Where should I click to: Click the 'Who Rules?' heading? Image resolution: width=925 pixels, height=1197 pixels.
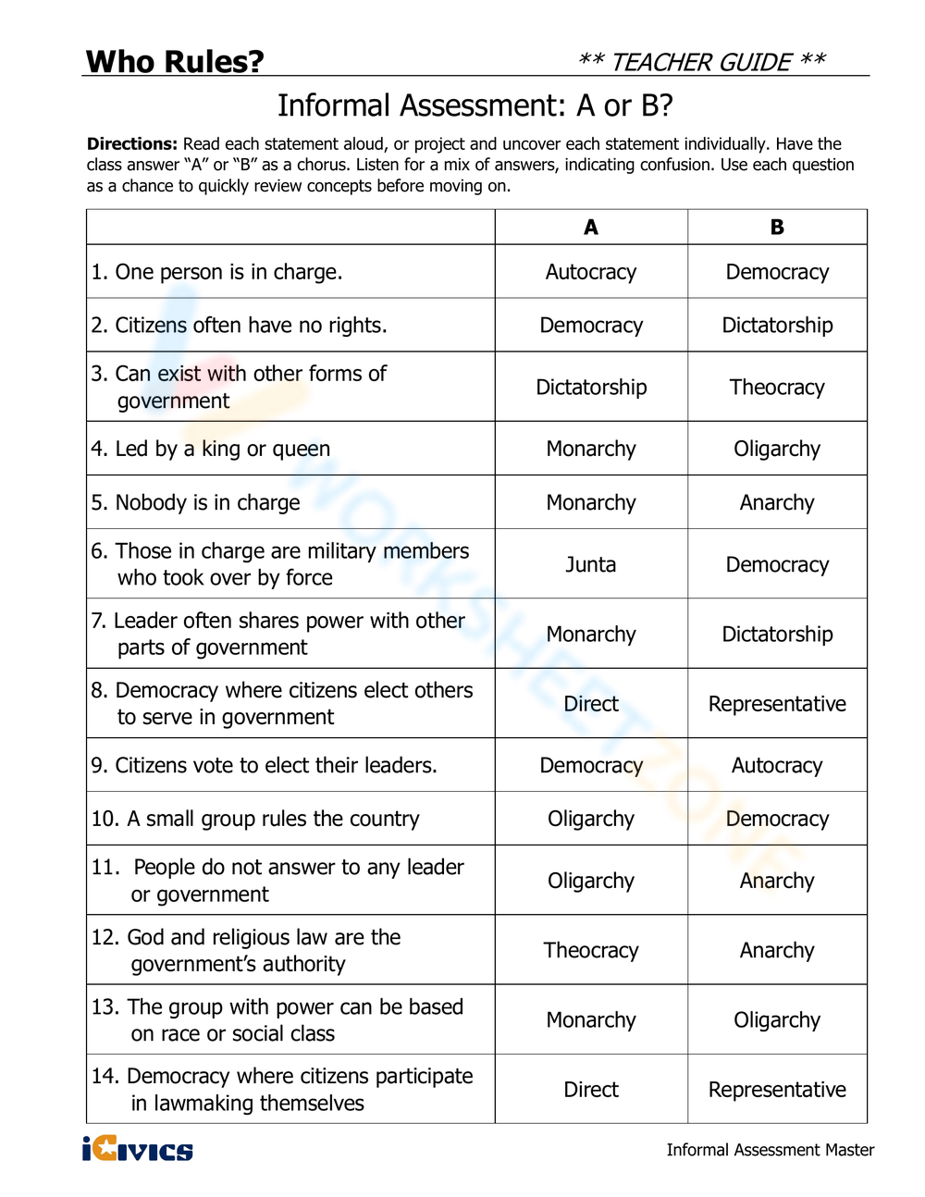point(175,61)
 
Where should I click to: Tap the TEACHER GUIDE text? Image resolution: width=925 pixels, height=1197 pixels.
point(701,62)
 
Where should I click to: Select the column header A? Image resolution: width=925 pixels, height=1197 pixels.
point(591,227)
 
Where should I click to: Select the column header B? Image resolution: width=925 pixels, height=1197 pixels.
point(777,227)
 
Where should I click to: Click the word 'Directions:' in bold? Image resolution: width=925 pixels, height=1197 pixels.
point(132,144)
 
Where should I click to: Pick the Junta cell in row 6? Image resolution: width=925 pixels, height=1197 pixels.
point(591,564)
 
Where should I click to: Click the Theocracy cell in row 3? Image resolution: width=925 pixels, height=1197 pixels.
point(777,387)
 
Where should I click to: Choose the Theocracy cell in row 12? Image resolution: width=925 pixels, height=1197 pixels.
point(591,950)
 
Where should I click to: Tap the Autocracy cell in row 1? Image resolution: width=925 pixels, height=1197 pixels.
point(591,272)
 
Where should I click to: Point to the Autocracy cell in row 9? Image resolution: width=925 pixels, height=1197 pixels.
point(777,765)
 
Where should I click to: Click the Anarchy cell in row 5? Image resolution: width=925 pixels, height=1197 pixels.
point(777,502)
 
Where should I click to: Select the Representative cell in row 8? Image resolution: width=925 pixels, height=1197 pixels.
point(777,704)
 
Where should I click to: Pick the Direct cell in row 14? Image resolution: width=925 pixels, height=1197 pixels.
point(591,1090)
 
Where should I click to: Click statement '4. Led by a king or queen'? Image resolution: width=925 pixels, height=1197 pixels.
point(211,449)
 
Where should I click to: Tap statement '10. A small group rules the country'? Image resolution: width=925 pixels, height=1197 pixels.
point(255,819)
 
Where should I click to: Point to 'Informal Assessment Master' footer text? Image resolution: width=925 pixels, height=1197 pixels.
point(770,1150)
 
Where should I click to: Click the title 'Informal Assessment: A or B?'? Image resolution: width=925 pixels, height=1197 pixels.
point(475,105)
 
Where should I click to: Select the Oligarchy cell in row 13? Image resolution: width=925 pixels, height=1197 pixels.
point(777,1019)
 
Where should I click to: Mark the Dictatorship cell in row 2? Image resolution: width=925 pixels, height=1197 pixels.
point(777,326)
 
